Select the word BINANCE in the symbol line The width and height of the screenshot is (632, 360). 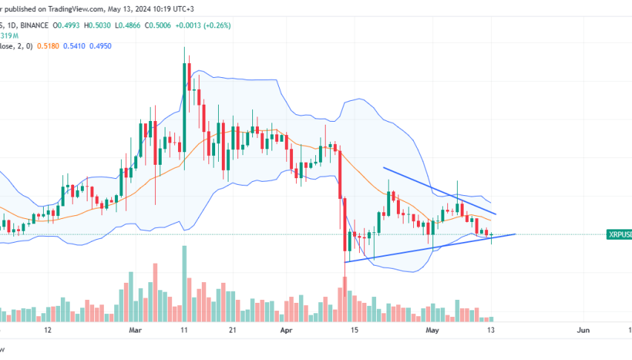point(34,24)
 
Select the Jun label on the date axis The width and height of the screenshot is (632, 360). point(582,329)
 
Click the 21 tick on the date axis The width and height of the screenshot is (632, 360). point(232,329)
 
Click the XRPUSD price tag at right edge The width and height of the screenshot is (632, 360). point(619,235)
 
